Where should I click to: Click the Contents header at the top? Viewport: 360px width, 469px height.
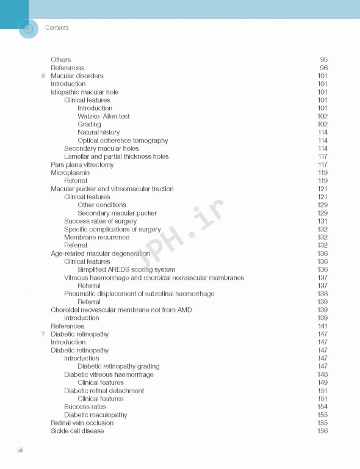(x=57, y=27)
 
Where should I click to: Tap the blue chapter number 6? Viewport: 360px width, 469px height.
(x=43, y=76)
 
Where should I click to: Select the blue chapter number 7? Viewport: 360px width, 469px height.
(x=43, y=334)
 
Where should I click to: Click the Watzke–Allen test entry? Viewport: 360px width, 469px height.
(x=103, y=116)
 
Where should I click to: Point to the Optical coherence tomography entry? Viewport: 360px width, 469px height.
(x=123, y=140)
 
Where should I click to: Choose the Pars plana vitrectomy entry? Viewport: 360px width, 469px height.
(x=82, y=165)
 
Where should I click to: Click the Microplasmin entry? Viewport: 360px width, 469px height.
(x=70, y=173)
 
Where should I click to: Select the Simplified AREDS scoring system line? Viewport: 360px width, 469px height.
(x=126, y=269)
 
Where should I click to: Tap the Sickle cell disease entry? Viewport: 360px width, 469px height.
(x=77, y=431)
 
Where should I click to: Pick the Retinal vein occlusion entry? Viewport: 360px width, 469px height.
(x=82, y=423)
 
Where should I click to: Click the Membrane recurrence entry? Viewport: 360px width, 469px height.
(x=96, y=238)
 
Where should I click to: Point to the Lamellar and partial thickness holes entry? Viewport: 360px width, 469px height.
(x=116, y=156)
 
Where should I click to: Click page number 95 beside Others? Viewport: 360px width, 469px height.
(x=323, y=60)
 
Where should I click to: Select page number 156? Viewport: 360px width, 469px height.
(x=322, y=431)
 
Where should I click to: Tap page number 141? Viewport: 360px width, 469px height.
(x=322, y=326)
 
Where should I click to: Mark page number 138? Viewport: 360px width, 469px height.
(x=322, y=294)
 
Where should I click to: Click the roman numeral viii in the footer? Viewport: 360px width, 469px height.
(x=20, y=450)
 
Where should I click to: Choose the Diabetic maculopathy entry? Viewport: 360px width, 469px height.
(x=95, y=415)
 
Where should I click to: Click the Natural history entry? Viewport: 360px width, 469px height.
(x=98, y=133)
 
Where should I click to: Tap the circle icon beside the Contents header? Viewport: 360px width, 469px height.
(x=28, y=28)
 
